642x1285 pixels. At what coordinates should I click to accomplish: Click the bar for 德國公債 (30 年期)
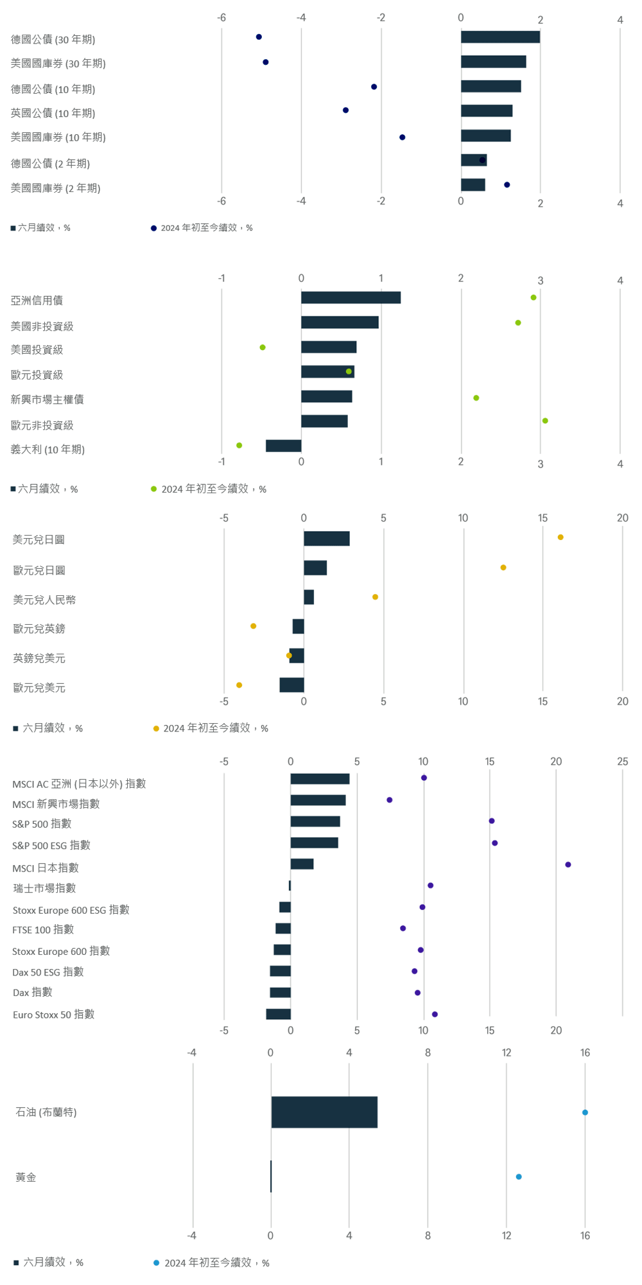(x=500, y=37)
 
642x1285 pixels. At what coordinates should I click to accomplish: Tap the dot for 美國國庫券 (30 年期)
(x=266, y=62)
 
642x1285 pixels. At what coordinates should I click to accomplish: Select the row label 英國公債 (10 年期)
(x=53, y=113)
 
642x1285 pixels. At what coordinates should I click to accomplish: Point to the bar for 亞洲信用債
(x=351, y=297)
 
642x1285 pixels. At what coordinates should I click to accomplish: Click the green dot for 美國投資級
(x=263, y=347)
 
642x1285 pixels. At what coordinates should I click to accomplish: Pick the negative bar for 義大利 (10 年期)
(x=283, y=446)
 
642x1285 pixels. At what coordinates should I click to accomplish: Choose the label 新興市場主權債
(x=47, y=399)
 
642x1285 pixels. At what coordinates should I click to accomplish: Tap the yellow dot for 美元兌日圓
(x=560, y=537)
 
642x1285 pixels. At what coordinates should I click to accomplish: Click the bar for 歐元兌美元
(x=291, y=685)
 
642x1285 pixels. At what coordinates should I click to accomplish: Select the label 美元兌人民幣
(x=44, y=600)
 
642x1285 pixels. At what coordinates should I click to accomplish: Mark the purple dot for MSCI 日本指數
(x=568, y=864)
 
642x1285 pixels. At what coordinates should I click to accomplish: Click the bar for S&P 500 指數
(x=315, y=821)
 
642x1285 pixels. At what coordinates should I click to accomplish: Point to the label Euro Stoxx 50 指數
(x=53, y=1014)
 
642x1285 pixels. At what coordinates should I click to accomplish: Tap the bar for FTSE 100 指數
(x=283, y=928)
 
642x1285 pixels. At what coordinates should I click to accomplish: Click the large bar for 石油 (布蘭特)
(x=324, y=1112)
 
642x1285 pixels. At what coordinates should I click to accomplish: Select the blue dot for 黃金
(x=519, y=1176)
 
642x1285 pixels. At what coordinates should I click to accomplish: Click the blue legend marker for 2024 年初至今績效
(x=156, y=1263)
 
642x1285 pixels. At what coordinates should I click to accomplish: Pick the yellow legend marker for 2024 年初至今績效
(x=156, y=728)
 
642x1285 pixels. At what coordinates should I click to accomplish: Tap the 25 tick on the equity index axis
(x=622, y=762)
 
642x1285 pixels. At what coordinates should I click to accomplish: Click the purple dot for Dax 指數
(x=418, y=992)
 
